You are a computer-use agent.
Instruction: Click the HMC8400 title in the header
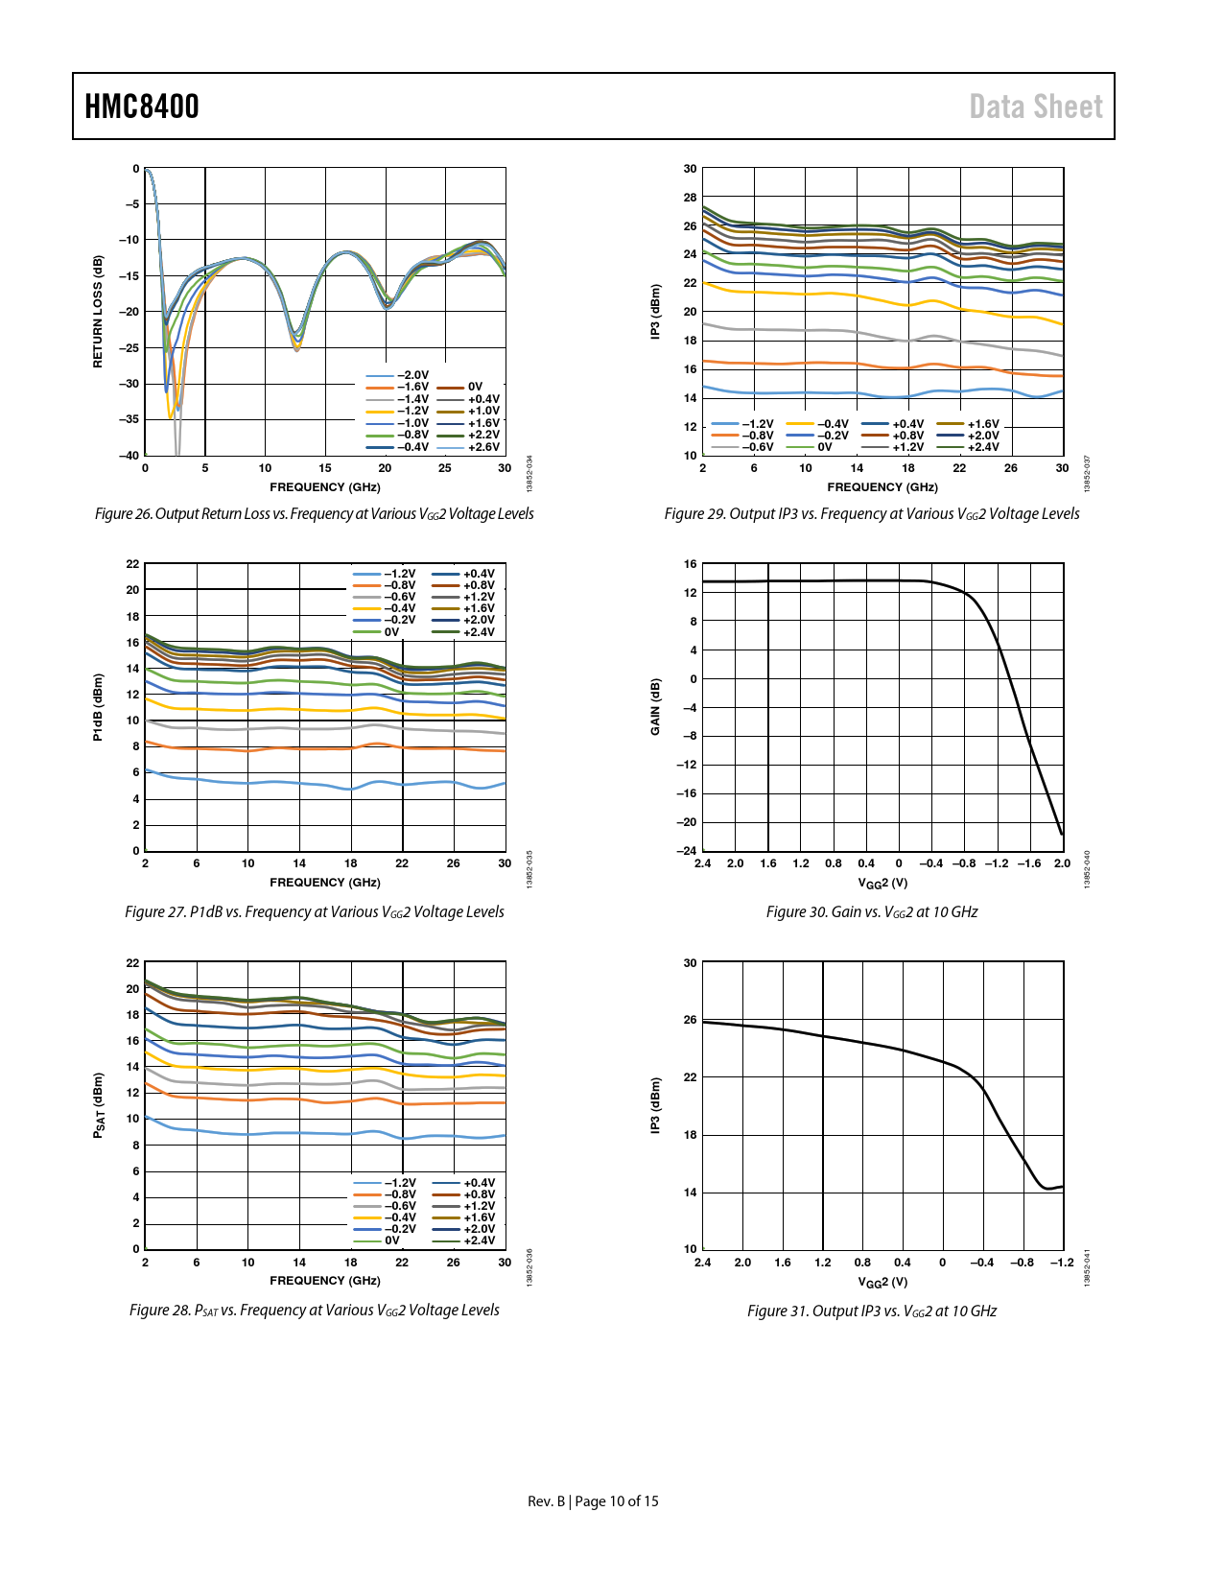pyautogui.click(x=142, y=106)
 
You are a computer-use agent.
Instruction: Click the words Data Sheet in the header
pyautogui.click(x=1035, y=106)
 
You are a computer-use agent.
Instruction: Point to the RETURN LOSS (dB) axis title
pyautogui.click(x=98, y=312)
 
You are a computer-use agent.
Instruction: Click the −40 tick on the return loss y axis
pyautogui.click(x=129, y=456)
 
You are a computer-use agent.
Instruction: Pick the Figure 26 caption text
pyautogui.click(x=314, y=514)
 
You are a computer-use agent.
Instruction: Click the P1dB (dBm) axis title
pyautogui.click(x=98, y=707)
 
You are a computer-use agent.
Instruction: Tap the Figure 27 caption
pyautogui.click(x=314, y=912)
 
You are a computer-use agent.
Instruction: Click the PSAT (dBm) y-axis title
pyautogui.click(x=98, y=1105)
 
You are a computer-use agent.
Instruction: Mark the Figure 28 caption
pyautogui.click(x=314, y=1311)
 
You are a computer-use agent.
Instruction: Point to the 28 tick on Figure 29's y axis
pyautogui.click(x=690, y=198)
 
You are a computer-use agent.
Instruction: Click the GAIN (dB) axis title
pyautogui.click(x=656, y=707)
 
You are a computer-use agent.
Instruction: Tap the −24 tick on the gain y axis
pyautogui.click(x=687, y=851)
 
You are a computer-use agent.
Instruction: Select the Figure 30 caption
pyautogui.click(x=871, y=912)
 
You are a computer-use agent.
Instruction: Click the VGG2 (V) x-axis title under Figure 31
pyautogui.click(x=882, y=1282)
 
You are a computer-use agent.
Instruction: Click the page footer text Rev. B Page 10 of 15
pyautogui.click(x=593, y=1501)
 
